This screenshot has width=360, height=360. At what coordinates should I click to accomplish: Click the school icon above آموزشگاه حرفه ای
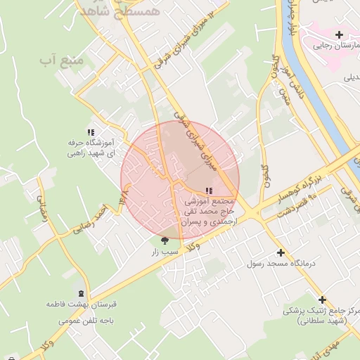(90, 131)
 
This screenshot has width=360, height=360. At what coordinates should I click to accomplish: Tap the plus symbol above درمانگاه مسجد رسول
(281, 252)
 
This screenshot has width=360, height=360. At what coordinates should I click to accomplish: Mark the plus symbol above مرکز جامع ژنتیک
(323, 299)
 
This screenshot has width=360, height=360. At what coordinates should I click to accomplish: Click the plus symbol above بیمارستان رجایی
(339, 34)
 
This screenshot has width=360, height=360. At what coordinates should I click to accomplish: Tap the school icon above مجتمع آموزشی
(208, 191)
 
